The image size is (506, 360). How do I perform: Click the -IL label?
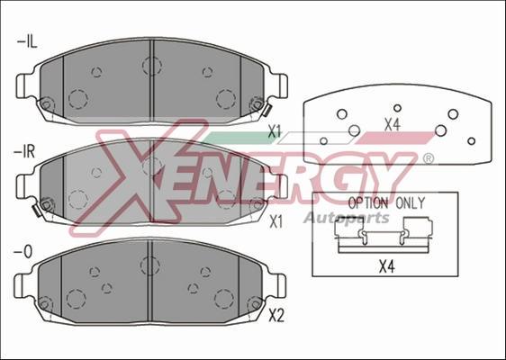25,40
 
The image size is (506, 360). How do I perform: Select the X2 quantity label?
276,316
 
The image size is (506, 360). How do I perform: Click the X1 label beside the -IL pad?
276,132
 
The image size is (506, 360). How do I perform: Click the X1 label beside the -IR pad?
276,219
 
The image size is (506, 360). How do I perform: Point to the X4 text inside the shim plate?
392,125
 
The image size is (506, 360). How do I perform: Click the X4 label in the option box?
386,265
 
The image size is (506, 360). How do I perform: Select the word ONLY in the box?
410,203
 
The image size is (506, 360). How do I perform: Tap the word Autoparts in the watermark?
346,218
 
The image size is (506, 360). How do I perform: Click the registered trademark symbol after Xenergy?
428,158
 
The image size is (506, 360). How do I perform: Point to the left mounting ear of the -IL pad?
24,87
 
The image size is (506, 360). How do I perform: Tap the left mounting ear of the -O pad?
24,287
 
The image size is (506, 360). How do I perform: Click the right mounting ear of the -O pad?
280,287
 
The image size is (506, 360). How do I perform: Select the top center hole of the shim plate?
397,107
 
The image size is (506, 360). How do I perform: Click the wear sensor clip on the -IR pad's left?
38,211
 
